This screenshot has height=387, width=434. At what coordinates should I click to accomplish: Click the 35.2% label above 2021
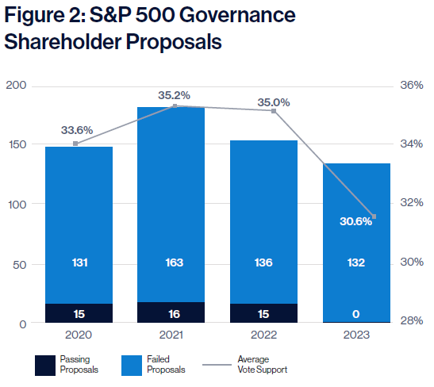point(174,95)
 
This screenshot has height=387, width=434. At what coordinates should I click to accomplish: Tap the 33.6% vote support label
point(77,130)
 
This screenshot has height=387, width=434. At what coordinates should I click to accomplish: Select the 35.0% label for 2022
point(274,102)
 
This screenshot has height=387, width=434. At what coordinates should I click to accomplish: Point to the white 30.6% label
point(356,221)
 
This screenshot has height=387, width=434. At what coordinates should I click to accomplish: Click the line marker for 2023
point(374,216)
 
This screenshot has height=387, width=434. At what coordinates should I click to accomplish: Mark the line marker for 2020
point(75,144)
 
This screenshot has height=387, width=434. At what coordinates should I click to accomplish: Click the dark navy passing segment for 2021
point(171,312)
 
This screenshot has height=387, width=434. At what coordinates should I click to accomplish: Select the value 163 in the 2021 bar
point(175,262)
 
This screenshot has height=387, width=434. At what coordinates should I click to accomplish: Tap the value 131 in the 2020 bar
point(79,262)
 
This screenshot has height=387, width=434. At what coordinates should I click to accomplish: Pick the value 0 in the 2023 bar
point(356,314)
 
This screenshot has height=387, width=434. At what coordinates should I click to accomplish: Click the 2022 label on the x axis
point(263,335)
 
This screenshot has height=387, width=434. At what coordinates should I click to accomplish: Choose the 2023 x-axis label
point(356,335)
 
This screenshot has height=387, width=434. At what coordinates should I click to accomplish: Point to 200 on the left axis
point(16,85)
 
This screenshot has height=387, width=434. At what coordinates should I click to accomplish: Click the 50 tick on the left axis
point(19,265)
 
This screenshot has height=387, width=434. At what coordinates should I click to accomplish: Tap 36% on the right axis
point(412,85)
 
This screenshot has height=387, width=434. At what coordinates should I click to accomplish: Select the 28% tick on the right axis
point(412,320)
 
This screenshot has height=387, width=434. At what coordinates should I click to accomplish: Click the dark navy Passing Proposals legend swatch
point(45,366)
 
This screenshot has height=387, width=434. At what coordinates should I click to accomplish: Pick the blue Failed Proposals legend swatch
point(132,366)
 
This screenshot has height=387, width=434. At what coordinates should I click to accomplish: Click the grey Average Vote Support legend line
point(217,365)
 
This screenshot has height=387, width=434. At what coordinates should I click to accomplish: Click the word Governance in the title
point(237,15)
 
